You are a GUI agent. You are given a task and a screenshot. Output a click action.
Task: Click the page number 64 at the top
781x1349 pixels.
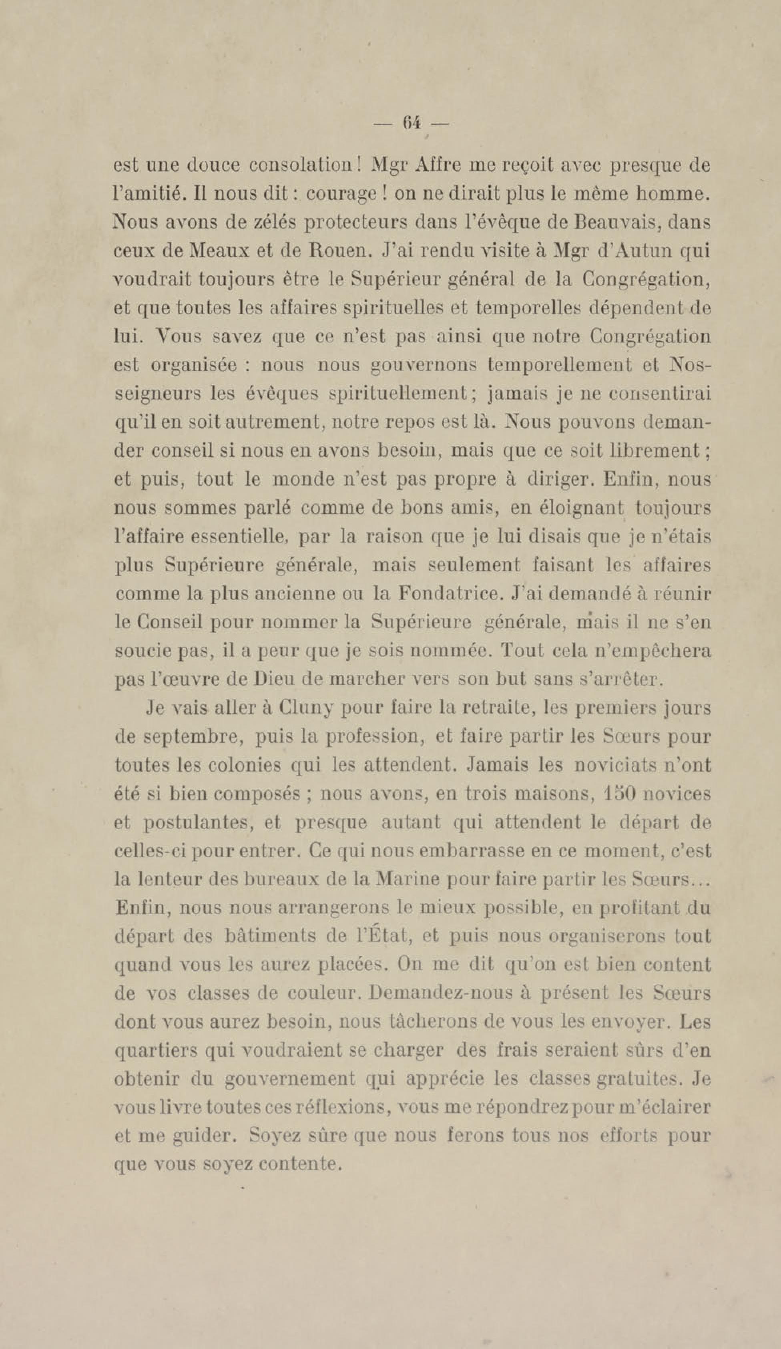(x=411, y=124)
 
